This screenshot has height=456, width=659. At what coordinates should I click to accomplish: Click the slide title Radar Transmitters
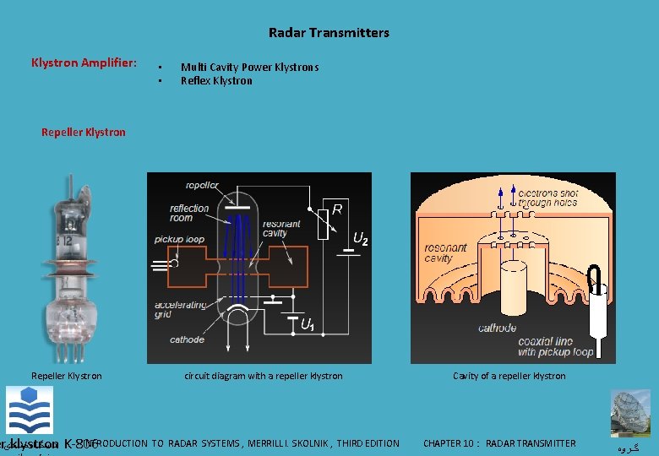click(x=329, y=33)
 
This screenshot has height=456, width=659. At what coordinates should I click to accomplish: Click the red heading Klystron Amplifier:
click(x=84, y=63)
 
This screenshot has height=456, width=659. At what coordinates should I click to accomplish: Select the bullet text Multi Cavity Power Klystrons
click(x=249, y=68)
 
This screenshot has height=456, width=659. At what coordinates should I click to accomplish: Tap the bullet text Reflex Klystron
click(x=216, y=81)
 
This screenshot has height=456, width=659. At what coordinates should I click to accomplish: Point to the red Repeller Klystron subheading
click(x=83, y=132)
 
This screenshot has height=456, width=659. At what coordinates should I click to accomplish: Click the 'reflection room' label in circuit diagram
click(x=189, y=213)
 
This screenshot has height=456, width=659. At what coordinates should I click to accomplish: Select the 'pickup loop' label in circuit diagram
click(x=179, y=240)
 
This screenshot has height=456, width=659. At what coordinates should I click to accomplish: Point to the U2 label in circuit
click(x=360, y=240)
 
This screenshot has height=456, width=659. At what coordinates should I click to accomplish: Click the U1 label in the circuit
click(x=308, y=323)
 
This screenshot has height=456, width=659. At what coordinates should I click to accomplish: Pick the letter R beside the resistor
click(x=336, y=208)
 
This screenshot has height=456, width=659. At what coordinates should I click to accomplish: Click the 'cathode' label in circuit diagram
click(x=187, y=339)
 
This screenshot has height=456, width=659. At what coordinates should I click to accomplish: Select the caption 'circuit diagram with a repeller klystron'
click(x=264, y=376)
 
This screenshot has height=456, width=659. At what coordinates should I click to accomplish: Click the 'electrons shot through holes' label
click(x=548, y=198)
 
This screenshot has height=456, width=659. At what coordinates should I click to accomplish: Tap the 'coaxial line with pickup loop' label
click(x=556, y=346)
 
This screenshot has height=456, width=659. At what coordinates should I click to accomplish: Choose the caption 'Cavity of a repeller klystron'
click(x=509, y=376)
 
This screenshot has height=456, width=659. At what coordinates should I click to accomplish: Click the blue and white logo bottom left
click(x=29, y=410)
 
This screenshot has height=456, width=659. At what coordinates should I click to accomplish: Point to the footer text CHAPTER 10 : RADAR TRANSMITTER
click(x=499, y=443)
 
